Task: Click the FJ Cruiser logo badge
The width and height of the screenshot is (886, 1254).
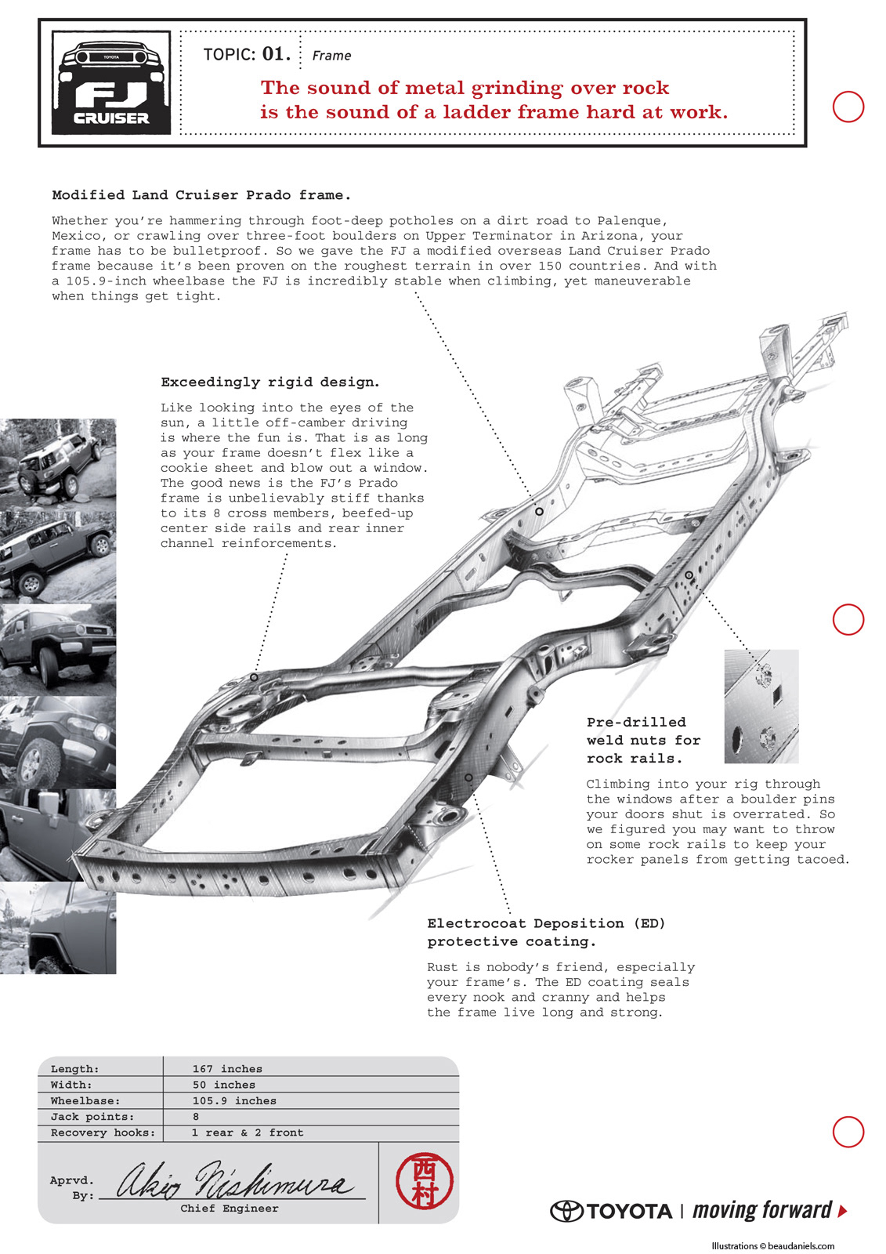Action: point(111,82)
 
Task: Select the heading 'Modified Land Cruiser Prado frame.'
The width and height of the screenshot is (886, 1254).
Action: point(201,195)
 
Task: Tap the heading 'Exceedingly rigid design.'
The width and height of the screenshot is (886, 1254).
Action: point(270,382)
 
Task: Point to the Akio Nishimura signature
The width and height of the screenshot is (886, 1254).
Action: point(235,1180)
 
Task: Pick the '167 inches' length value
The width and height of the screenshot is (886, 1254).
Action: point(227,1069)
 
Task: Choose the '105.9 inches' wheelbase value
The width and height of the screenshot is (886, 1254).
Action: point(234,1101)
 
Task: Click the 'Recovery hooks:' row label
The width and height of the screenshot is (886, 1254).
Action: point(103,1133)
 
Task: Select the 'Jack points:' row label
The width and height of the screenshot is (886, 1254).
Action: point(92,1117)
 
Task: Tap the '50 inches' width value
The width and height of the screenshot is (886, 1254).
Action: point(224,1085)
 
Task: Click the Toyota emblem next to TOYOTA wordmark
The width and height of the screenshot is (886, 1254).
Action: point(566,1212)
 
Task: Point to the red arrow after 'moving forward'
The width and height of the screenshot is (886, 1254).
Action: point(842,1211)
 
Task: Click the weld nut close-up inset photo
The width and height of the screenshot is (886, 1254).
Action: point(761,706)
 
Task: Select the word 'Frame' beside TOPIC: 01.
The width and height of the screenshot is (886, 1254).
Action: point(331,56)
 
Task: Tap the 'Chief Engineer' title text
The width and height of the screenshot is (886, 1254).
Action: point(230,1209)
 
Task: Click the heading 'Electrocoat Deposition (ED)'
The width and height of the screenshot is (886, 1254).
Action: point(546,923)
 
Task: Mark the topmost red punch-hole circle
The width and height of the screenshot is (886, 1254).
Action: point(848,107)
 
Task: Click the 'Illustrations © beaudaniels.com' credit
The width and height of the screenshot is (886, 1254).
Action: point(772,1246)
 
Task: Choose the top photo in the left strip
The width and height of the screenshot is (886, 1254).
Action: point(58,464)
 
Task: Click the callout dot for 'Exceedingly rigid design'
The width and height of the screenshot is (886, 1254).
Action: point(254,677)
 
